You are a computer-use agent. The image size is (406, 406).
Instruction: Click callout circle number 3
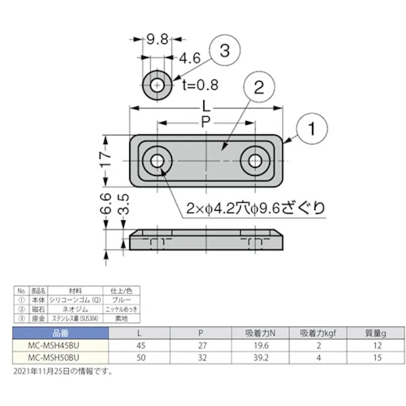point(223,51)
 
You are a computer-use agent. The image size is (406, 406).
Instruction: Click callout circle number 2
point(257,88)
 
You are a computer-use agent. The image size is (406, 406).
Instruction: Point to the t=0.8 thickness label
point(200,85)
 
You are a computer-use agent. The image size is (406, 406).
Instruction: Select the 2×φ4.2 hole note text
point(256,208)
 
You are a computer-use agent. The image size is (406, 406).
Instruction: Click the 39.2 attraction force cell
point(259,358)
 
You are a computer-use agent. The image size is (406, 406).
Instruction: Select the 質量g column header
point(376,333)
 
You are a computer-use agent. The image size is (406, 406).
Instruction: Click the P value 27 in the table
point(199,345)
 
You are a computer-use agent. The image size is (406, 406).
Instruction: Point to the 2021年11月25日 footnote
point(63,371)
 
